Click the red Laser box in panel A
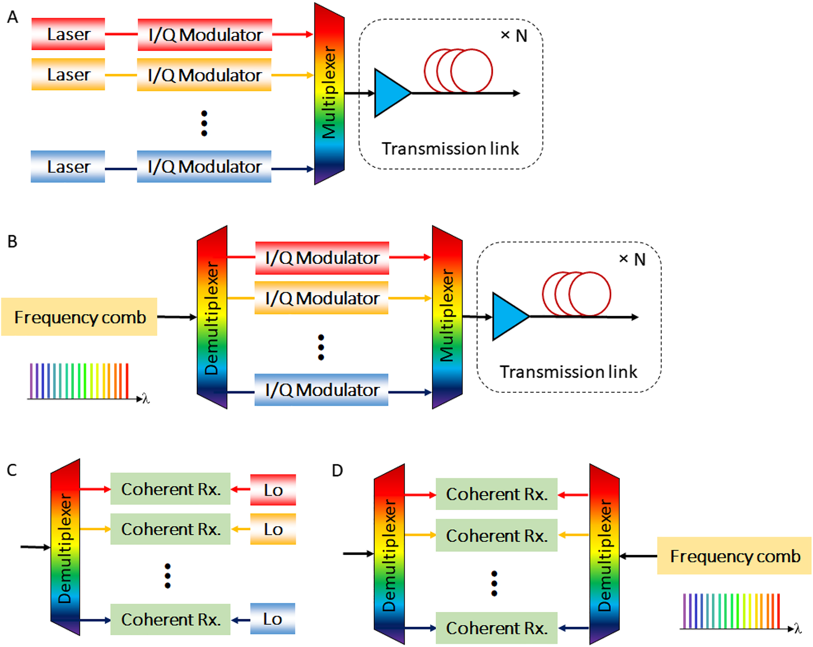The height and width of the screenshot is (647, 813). tap(68, 34)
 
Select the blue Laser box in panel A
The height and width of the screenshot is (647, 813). tap(68, 167)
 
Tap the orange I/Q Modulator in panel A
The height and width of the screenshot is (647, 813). tap(204, 75)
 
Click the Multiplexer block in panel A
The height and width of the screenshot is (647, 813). tap(329, 93)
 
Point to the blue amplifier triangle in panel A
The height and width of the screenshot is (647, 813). tap(390, 93)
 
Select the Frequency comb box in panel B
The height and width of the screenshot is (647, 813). tap(80, 317)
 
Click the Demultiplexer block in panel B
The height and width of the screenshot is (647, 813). tap(212, 317)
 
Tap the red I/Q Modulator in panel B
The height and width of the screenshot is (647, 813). tap(322, 258)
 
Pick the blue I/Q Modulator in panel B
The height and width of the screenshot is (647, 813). tap(322, 390)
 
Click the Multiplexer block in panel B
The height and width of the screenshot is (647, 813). tap(447, 317)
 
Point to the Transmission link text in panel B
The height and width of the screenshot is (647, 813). tap(568, 372)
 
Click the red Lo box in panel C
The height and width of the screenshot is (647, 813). tap(273, 490)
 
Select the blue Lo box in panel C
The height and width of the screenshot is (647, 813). tap(272, 619)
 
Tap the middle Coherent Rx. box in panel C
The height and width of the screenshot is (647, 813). tap(170, 529)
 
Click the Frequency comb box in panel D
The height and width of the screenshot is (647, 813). tap(734, 556)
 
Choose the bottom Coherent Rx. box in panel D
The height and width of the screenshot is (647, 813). tap(496, 628)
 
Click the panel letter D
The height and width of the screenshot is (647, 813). tap(338, 471)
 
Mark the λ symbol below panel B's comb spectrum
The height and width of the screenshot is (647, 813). tap(146, 398)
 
